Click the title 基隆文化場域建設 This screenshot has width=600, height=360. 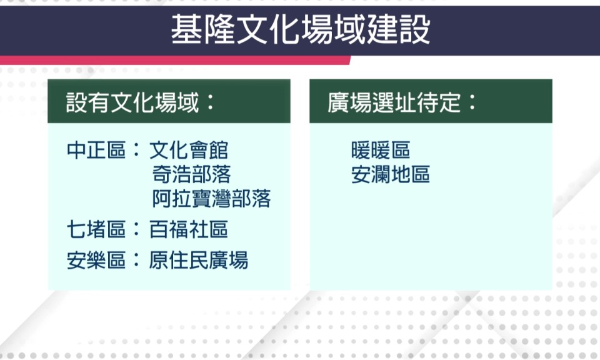301,30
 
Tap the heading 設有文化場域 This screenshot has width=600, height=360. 132,102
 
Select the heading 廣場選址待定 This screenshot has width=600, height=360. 394,102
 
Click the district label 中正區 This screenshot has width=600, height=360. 96,150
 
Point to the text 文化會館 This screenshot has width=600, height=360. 189,150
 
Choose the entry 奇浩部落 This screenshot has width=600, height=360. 192,174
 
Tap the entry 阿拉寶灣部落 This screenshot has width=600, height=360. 211,199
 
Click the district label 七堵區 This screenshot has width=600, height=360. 96,229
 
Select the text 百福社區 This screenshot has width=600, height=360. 189,229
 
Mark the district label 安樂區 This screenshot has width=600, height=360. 96,260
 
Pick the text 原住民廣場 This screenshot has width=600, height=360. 199,260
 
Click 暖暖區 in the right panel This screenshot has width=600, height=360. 381,150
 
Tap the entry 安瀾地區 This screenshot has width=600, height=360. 391,174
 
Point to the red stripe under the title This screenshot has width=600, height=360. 175,60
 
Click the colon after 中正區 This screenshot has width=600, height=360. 136,151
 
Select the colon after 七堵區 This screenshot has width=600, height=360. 136,230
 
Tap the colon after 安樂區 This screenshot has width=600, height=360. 136,261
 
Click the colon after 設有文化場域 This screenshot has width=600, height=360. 211,102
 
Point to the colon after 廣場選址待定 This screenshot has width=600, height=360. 472,102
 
